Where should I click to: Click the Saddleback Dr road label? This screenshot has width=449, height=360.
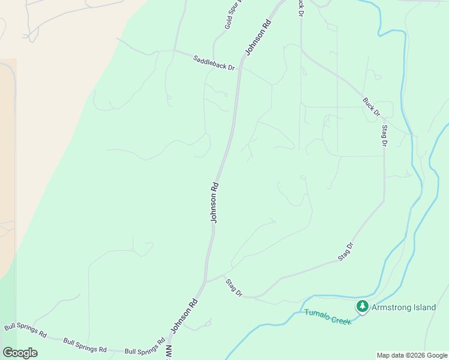click(x=214, y=62)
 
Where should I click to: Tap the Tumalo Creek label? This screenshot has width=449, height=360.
click(x=327, y=317)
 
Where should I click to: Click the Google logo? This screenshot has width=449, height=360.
click(x=20, y=353)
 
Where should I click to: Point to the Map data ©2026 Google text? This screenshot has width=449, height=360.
click(x=412, y=355)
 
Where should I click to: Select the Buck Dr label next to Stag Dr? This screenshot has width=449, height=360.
click(x=372, y=106)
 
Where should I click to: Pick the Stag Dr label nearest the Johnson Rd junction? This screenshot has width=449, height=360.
click(x=234, y=288)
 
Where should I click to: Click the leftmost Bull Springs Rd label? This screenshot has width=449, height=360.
click(x=25, y=331)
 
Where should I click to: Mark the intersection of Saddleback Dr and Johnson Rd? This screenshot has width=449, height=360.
click(x=240, y=68)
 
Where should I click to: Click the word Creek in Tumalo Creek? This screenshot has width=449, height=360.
click(x=341, y=320)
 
